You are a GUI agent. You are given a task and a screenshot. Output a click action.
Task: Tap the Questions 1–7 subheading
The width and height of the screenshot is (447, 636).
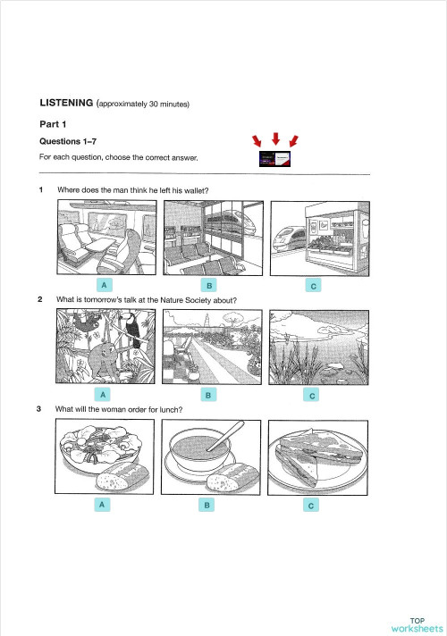[x=69, y=142]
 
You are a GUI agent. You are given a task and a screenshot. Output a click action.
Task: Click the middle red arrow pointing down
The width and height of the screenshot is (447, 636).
[x=276, y=138]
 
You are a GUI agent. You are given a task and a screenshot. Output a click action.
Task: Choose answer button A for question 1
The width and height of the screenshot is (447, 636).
[x=105, y=284]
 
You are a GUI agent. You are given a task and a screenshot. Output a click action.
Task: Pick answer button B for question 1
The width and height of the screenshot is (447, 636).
[x=209, y=285]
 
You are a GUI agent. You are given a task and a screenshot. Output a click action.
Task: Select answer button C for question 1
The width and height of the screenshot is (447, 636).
[x=312, y=286]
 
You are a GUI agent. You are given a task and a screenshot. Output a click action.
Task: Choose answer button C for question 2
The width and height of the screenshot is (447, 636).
[x=312, y=395]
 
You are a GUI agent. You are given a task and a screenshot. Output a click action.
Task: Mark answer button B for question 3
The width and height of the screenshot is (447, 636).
[x=207, y=506]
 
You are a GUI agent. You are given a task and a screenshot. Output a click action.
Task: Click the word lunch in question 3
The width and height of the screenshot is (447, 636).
[x=168, y=409]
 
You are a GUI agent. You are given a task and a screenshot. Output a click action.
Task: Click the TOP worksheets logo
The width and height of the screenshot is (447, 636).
[x=417, y=623]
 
